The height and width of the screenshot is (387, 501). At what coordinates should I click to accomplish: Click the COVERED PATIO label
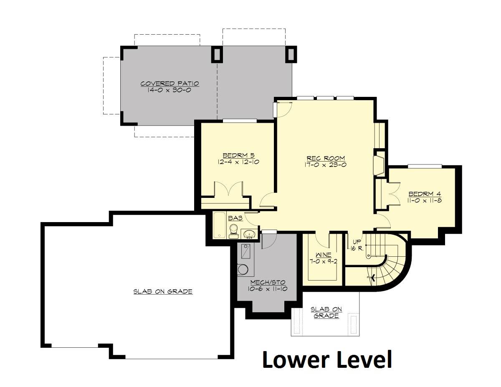click(170, 83)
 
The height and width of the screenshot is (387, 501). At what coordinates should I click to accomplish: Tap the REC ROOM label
click(326, 158)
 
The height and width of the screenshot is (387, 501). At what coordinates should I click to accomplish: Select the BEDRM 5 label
click(238, 155)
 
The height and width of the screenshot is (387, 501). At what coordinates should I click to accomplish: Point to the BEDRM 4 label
click(425, 194)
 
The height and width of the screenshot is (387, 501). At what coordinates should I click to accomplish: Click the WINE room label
click(324, 255)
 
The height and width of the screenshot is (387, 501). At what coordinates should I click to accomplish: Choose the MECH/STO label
click(268, 282)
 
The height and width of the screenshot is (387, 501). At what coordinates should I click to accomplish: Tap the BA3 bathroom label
click(235, 218)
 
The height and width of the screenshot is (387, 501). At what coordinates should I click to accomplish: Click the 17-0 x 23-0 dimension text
click(326, 164)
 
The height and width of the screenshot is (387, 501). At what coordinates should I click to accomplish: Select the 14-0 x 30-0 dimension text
click(169, 90)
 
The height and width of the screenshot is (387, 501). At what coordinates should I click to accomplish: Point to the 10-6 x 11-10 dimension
click(268, 289)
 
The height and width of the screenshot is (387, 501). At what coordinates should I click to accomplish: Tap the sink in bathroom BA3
click(249, 234)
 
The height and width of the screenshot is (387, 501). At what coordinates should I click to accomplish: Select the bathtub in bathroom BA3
click(219, 225)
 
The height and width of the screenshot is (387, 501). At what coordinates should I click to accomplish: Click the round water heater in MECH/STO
click(243, 269)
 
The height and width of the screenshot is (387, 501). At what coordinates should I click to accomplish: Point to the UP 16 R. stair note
click(357, 245)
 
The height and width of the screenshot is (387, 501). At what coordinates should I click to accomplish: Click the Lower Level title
click(327, 360)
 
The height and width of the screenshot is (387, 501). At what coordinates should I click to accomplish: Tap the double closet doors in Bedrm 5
click(228, 189)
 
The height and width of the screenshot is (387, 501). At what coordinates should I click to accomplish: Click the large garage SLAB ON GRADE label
click(163, 291)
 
